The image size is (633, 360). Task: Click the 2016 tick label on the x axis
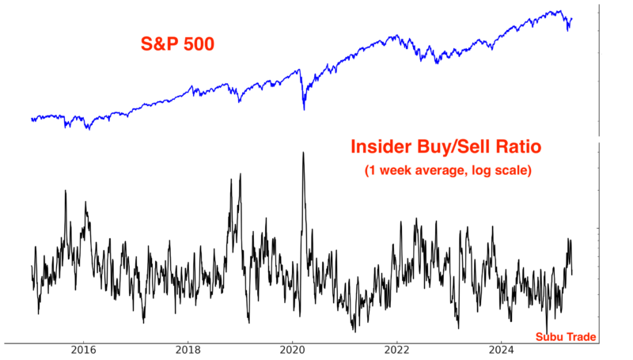pyautogui.click(x=84, y=351)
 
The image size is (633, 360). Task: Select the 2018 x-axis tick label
pyautogui.click(x=188, y=351)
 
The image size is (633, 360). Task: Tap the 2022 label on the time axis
pyautogui.click(x=397, y=351)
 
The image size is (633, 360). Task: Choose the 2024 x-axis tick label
pyautogui.click(x=502, y=351)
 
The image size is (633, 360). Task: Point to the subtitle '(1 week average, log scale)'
pyautogui.click(x=447, y=170)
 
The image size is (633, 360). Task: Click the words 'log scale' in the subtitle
pyautogui.click(x=502, y=170)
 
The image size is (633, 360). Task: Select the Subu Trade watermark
pyautogui.click(x=566, y=336)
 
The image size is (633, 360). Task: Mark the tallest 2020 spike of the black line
pyautogui.click(x=303, y=152)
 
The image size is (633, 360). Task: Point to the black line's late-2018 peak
pyautogui.click(x=231, y=179)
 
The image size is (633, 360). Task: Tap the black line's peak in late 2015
pyautogui.click(x=65, y=191)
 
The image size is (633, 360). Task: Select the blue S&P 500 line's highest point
pyautogui.click(x=560, y=11)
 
